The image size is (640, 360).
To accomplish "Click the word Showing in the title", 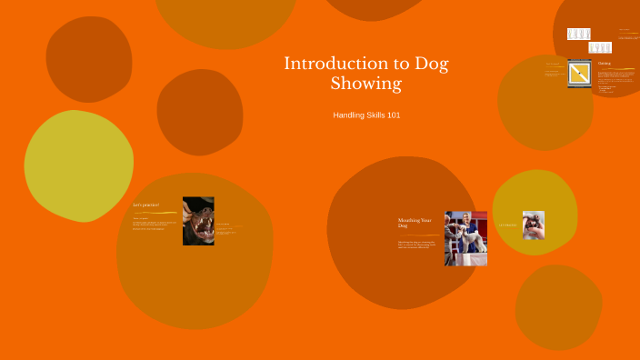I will coord(365,85).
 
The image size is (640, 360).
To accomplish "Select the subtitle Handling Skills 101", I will coord(366,115).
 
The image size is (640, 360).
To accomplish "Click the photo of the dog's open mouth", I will coord(198,221).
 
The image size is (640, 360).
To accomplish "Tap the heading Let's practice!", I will coord(146,205).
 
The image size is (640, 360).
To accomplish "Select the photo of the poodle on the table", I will coord(465,238).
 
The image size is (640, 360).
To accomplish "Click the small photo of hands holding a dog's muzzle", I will coord(534,225).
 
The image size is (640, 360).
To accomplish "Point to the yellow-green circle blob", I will coord(78,165).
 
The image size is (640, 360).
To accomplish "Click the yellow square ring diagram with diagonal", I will coord(580,73).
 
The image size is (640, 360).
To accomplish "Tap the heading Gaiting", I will coord(605,64).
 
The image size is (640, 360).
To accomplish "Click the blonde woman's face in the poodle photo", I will coord(463,219).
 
